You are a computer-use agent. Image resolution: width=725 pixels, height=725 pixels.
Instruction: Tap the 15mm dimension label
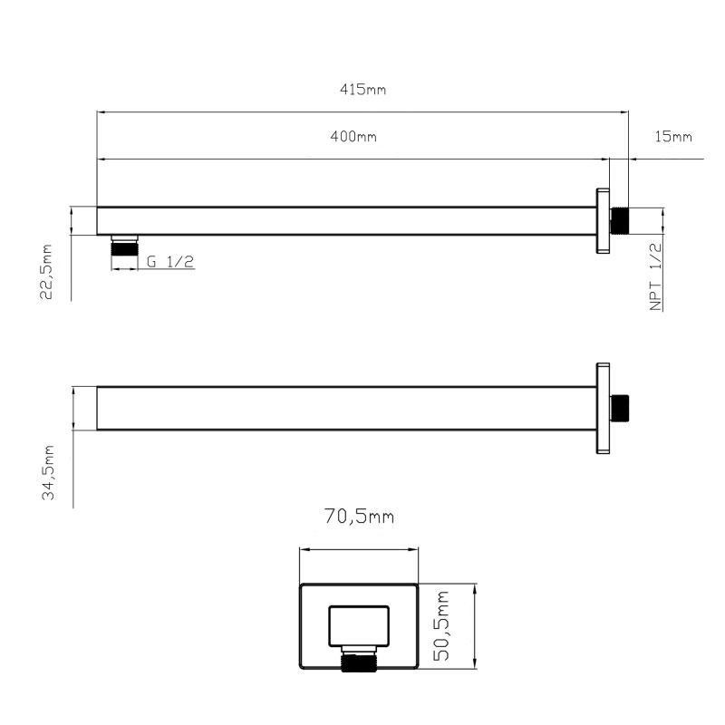click(x=672, y=137)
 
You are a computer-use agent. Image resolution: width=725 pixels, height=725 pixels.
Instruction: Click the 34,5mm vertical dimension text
click(x=49, y=472)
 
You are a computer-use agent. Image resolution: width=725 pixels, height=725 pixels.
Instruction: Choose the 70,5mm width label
click(x=360, y=517)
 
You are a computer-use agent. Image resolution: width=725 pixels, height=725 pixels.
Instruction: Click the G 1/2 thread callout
click(x=170, y=262)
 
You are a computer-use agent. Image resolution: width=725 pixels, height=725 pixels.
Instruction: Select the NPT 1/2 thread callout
click(x=656, y=276)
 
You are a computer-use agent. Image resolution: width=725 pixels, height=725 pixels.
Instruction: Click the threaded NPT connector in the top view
click(x=620, y=220)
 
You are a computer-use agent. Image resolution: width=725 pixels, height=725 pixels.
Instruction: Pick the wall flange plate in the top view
click(x=603, y=221)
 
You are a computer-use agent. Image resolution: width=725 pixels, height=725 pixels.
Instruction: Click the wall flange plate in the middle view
click(x=603, y=409)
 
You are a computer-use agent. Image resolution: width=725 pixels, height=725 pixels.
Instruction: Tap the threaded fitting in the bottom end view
click(x=359, y=662)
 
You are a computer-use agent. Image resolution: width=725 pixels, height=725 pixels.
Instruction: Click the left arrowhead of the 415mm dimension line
click(x=101, y=112)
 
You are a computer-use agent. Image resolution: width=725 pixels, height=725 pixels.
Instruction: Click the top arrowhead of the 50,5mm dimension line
click(x=475, y=587)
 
